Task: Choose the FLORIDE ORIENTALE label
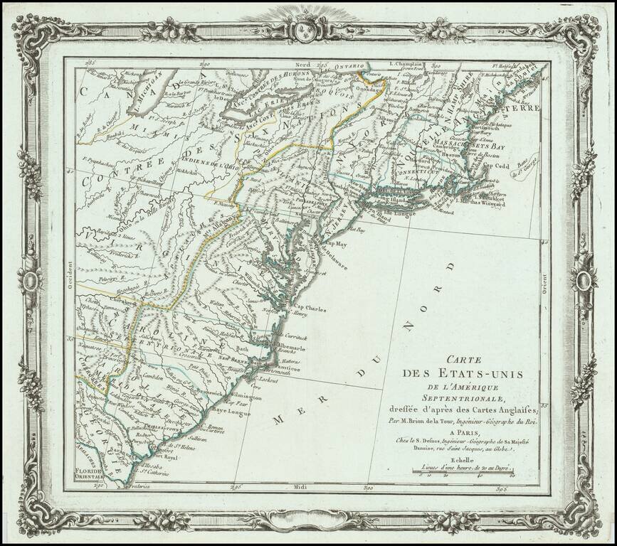pyautogui.click(x=95, y=473)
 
